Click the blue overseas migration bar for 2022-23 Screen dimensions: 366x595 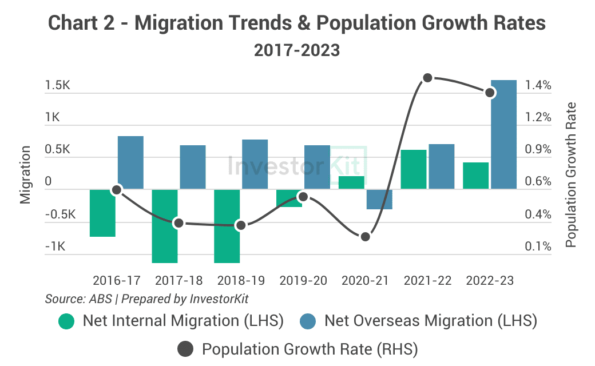click(x=503, y=134)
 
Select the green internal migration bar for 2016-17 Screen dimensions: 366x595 click(x=102, y=213)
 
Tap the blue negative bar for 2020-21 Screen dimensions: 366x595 click(x=379, y=199)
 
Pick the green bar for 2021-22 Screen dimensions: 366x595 click(x=414, y=169)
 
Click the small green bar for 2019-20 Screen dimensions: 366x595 click(x=289, y=198)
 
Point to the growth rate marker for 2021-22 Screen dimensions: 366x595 click(x=427, y=78)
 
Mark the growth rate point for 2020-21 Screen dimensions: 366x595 click(x=365, y=236)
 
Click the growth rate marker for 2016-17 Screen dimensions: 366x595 click(x=117, y=189)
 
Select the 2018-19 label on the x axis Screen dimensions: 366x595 click(x=241, y=281)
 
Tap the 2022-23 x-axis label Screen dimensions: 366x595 click(x=490, y=281)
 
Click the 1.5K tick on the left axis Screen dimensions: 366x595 click(x=57, y=85)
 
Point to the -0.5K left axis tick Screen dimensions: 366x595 click(x=60, y=215)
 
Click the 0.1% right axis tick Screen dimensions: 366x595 click(x=538, y=247)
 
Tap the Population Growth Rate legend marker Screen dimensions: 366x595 click(x=186, y=349)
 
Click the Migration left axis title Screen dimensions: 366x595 click(x=25, y=174)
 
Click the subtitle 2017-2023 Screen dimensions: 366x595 click(x=297, y=50)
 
